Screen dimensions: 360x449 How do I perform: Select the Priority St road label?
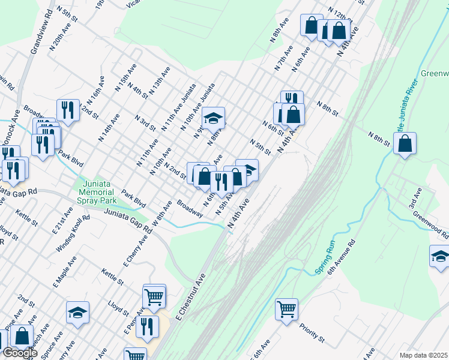[313, 334]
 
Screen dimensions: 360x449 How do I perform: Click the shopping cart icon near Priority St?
[287, 310]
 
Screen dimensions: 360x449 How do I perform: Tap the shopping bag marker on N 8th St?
[405, 144]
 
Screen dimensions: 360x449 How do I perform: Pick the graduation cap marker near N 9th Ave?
[212, 118]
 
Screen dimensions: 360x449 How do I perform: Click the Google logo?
[20, 353]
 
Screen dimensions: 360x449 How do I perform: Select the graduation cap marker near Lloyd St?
[77, 313]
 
